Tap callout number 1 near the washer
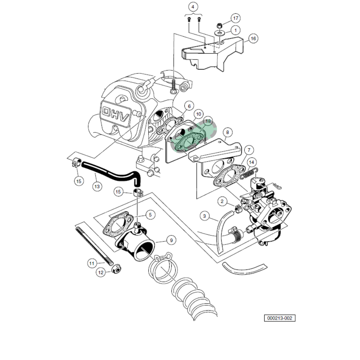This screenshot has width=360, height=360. point(235,31)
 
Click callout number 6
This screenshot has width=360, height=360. point(188,106)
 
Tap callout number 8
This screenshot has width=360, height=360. point(226,133)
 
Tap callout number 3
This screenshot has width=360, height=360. point(204,216)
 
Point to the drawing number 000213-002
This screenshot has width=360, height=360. point(279,318)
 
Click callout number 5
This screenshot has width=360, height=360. point(150,215)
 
